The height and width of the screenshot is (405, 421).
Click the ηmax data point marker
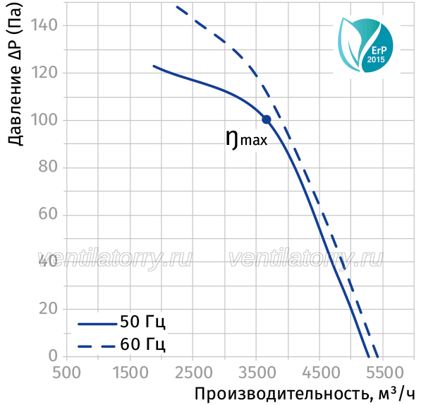click(x=267, y=119)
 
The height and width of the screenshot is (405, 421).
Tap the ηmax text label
click(x=247, y=139)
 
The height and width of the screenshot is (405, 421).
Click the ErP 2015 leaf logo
click(x=365, y=45)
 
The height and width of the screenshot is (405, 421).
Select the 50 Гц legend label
click(x=142, y=322)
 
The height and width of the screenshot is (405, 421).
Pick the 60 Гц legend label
click(x=142, y=344)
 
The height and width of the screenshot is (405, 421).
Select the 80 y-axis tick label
click(x=48, y=167)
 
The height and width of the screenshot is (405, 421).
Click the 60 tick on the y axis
click(x=48, y=214)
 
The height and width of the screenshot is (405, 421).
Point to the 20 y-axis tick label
click(x=48, y=309)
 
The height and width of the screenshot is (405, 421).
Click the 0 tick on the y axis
click(x=53, y=356)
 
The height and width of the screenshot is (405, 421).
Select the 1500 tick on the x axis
click(x=130, y=373)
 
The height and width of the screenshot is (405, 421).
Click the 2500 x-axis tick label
click(x=193, y=373)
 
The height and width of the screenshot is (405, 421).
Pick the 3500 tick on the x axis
click(x=257, y=373)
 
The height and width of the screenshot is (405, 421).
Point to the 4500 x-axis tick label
click(x=321, y=373)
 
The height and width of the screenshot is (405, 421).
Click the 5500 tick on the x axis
click(x=384, y=373)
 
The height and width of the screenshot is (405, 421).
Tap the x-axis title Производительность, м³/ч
click(x=305, y=394)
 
